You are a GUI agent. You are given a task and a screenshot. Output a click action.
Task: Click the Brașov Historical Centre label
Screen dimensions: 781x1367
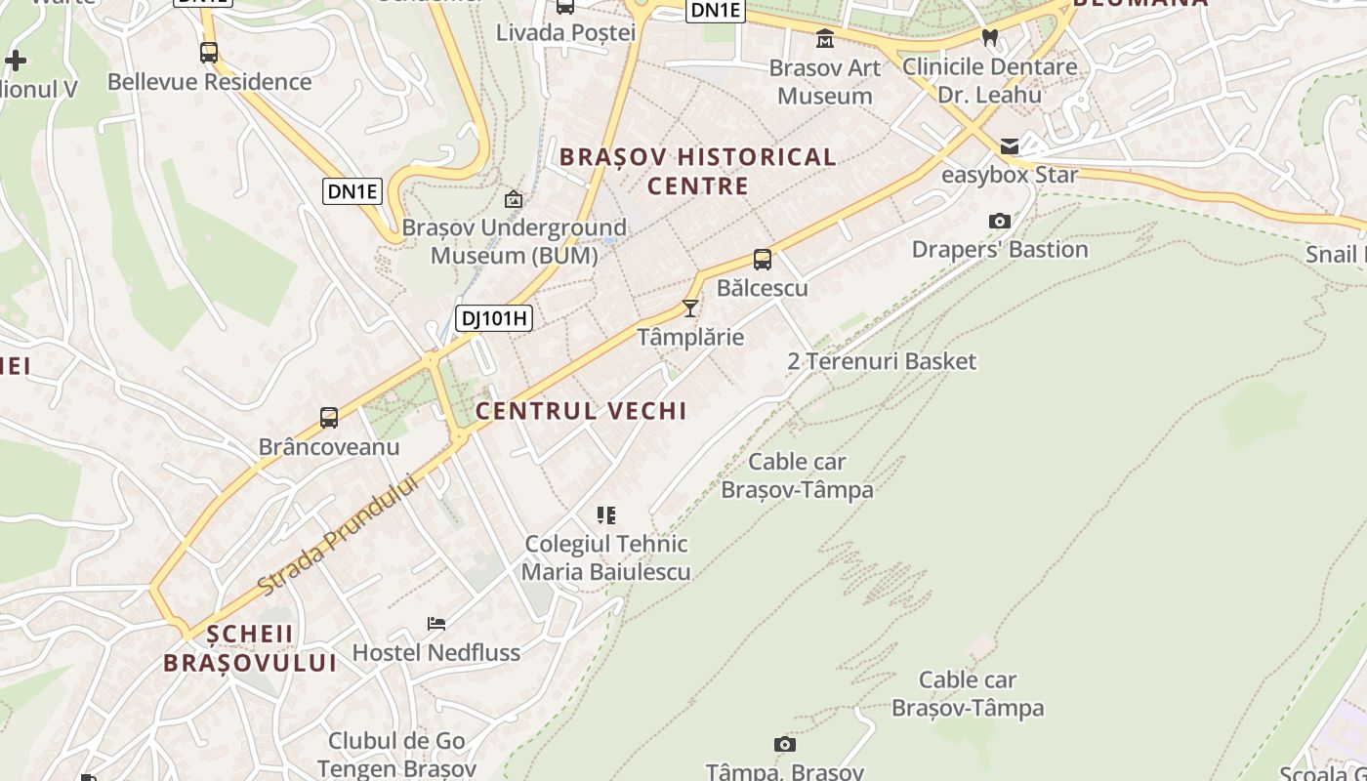pyautogui.click(x=697, y=171)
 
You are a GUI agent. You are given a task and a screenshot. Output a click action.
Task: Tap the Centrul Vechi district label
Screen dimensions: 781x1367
pyautogui.click(x=581, y=411)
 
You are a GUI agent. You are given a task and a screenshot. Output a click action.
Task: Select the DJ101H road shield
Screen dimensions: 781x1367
pyautogui.click(x=493, y=317)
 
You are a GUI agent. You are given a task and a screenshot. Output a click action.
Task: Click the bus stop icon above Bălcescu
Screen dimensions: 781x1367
pyautogui.click(x=763, y=260)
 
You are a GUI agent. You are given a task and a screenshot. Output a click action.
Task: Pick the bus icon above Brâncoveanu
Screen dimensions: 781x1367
pyautogui.click(x=329, y=418)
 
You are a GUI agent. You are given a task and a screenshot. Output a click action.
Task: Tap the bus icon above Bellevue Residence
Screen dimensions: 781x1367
pyautogui.click(x=208, y=53)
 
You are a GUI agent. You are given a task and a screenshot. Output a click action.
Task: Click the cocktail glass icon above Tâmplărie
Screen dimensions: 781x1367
pyautogui.click(x=690, y=308)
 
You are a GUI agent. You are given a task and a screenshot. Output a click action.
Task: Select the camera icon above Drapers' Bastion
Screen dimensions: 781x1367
pyautogui.click(x=999, y=222)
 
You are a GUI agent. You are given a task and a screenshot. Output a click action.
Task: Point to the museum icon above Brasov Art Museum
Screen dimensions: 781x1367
pyautogui.click(x=825, y=39)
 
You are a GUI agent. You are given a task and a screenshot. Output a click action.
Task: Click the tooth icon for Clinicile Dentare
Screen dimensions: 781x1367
pyautogui.click(x=989, y=38)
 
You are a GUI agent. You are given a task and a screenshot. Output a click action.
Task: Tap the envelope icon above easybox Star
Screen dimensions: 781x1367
pyautogui.click(x=1009, y=146)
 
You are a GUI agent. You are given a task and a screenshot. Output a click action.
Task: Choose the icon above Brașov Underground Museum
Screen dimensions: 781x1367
pyautogui.click(x=513, y=199)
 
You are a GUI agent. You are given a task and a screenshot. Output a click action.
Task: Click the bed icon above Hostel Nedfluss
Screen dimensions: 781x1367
pyautogui.click(x=435, y=623)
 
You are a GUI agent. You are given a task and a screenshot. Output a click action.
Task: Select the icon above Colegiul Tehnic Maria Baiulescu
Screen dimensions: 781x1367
pyautogui.click(x=606, y=514)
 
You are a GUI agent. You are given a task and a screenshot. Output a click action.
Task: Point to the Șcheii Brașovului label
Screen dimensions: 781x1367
pyautogui.click(x=249, y=648)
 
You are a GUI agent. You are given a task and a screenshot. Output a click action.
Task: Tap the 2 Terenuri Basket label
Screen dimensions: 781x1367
pyautogui.click(x=882, y=361)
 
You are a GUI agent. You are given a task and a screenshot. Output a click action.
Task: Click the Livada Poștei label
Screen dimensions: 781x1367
pyautogui.click(x=565, y=32)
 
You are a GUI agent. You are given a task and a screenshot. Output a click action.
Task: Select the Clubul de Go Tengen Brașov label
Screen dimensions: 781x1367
pyautogui.click(x=396, y=755)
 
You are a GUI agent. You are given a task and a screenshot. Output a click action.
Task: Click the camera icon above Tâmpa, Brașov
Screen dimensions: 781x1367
pyautogui.click(x=784, y=745)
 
